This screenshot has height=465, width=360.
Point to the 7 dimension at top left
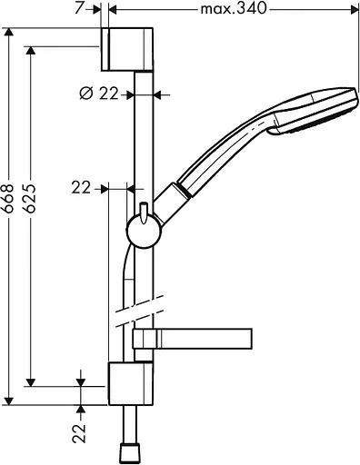click(80, 8)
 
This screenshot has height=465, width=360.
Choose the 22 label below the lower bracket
click(80, 429)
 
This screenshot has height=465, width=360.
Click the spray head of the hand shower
click(323, 111)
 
